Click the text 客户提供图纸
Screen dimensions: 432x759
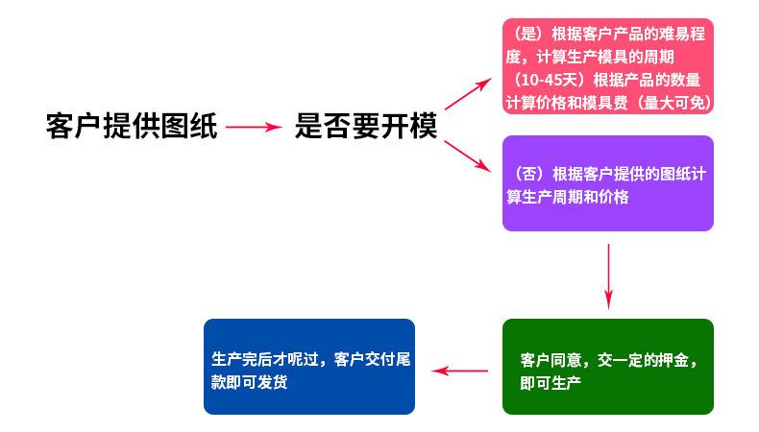coord(132,126)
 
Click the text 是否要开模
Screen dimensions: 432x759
coord(366,126)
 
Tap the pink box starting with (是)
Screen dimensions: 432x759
coord(607,65)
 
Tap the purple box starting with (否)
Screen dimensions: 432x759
coord(607,183)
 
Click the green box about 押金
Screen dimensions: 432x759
coord(607,367)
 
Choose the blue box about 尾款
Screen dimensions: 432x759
coord(308,367)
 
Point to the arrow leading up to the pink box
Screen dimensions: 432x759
coord(467,95)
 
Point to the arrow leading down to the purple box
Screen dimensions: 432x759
coord(469,157)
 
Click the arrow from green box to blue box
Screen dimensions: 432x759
coord(458,371)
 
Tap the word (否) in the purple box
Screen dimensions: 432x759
coord(530,175)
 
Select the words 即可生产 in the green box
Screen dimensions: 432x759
coord(551,382)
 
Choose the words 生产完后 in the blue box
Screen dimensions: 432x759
coord(241,359)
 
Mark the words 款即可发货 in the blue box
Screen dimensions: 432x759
coord(249,381)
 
